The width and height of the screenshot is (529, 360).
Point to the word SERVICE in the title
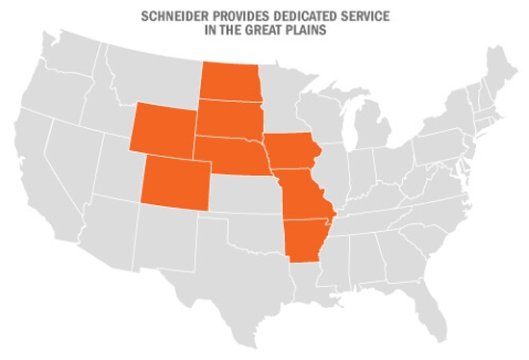point(352,17)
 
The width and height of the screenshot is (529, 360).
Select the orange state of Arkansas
point(306,242)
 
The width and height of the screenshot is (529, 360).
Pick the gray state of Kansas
point(244,193)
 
